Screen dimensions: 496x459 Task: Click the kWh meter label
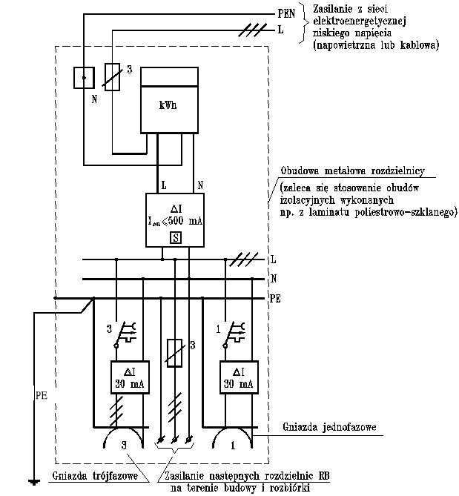(168, 105)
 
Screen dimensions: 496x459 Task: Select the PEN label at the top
(286, 13)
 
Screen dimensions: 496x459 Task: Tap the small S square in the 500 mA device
(176, 237)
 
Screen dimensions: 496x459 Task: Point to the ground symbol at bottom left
(33, 483)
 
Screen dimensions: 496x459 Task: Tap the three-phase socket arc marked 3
(124, 442)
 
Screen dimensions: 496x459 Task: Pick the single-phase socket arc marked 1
(233, 442)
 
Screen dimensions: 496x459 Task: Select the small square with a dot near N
(84, 77)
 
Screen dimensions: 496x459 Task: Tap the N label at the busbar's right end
(274, 279)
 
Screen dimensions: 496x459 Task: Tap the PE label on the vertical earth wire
(42, 396)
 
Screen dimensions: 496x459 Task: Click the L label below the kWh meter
(162, 183)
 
